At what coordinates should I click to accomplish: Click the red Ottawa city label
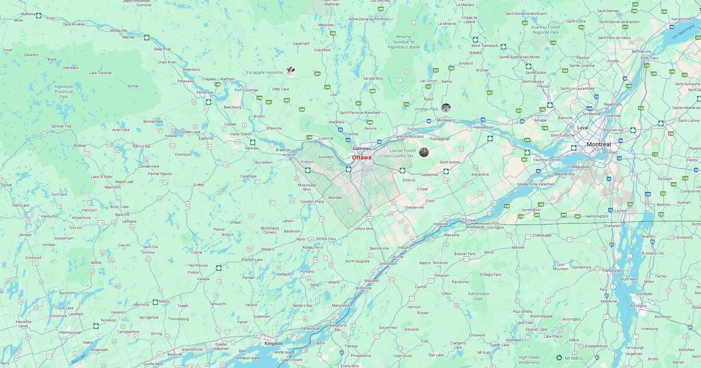(x=361, y=157)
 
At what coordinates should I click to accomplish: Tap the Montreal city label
(x=599, y=144)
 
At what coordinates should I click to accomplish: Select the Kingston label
(x=273, y=343)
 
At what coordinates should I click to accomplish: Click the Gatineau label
(x=362, y=148)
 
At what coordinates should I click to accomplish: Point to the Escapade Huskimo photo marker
(x=290, y=72)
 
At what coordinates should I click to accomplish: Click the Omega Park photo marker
(x=446, y=107)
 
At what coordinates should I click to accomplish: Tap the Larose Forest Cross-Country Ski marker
(x=424, y=152)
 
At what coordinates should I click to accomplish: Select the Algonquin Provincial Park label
(x=64, y=91)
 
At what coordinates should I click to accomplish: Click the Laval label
(x=582, y=127)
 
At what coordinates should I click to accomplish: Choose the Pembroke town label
(x=204, y=92)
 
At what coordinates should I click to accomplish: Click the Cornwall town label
(x=469, y=220)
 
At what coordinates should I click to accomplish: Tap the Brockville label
(x=363, y=288)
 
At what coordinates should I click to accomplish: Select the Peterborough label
(x=70, y=332)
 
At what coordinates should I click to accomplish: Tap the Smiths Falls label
(x=325, y=239)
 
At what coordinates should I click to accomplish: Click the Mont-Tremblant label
(x=484, y=46)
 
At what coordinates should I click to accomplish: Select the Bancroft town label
(x=122, y=214)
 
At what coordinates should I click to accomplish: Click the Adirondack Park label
(x=478, y=296)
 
